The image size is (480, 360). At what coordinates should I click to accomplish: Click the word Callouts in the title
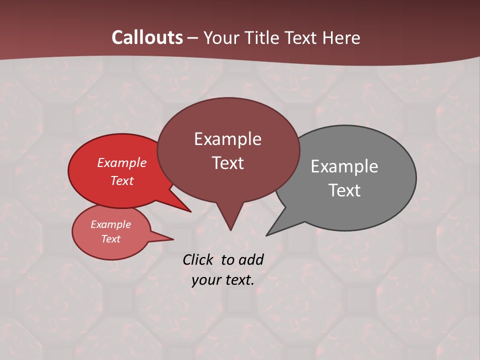click(147, 37)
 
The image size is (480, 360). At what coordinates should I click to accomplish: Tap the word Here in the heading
click(341, 37)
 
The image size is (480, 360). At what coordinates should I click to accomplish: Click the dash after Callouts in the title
click(192, 38)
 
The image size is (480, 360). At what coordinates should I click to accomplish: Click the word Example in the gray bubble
click(344, 166)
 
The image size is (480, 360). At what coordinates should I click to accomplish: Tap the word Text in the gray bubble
click(344, 190)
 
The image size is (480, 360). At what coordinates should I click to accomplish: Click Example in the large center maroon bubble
click(227, 139)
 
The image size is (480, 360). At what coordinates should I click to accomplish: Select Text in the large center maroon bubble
click(227, 163)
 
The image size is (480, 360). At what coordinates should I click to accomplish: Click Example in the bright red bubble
click(122, 162)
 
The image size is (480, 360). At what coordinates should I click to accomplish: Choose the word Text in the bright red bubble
click(122, 180)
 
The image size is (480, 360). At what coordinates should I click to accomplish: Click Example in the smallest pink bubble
click(110, 224)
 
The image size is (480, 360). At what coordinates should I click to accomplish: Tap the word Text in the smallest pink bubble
click(110, 239)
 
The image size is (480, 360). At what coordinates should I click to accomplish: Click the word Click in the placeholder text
click(198, 259)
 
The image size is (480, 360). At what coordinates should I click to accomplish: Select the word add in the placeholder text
click(251, 259)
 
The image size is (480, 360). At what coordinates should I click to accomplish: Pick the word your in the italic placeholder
click(205, 280)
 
